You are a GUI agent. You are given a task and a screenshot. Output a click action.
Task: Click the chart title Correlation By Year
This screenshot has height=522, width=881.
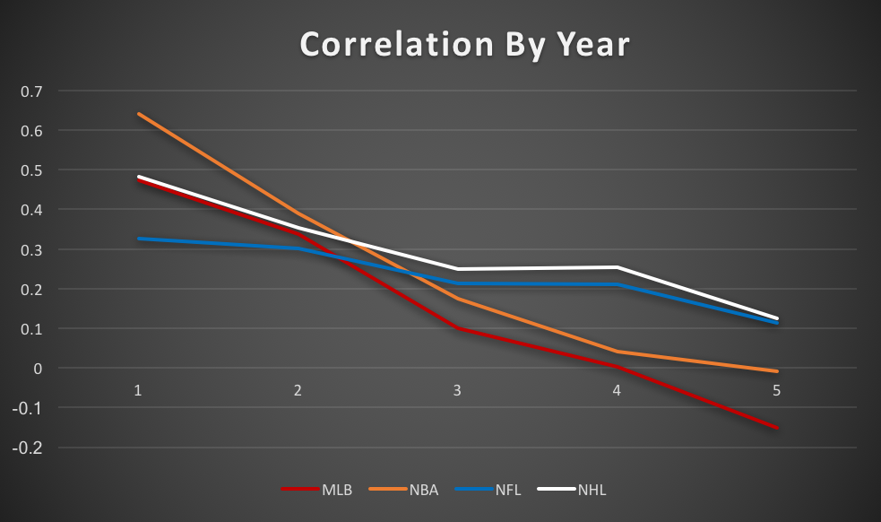pyautogui.click(x=464, y=45)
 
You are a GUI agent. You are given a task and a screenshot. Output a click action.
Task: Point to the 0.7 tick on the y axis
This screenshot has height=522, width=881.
pyautogui.click(x=32, y=91)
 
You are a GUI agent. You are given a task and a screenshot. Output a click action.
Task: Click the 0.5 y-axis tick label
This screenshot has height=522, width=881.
pyautogui.click(x=32, y=170)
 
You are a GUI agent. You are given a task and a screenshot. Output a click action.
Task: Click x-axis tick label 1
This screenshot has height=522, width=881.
pyautogui.click(x=139, y=390)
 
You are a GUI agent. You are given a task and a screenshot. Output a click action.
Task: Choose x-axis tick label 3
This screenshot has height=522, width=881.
pyautogui.click(x=458, y=390)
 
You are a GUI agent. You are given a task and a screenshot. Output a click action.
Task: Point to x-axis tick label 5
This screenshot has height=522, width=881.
pyautogui.click(x=777, y=390)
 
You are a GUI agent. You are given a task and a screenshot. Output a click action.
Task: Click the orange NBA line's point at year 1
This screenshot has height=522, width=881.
pyautogui.click(x=139, y=114)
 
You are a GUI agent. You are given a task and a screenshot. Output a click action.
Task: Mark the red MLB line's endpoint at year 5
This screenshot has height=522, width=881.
pyautogui.click(x=777, y=428)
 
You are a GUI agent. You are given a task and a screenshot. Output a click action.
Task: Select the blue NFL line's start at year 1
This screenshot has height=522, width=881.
pyautogui.click(x=139, y=239)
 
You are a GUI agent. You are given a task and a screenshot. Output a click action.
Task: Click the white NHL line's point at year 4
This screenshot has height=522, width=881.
pyautogui.click(x=618, y=267)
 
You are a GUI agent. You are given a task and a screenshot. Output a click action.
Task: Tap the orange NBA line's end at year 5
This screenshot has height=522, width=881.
pyautogui.click(x=777, y=370)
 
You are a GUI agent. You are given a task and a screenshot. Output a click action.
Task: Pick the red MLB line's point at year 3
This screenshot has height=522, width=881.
pyautogui.click(x=458, y=328)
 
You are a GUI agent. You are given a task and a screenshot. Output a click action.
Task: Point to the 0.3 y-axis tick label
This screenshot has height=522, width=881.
pyautogui.click(x=32, y=249)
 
